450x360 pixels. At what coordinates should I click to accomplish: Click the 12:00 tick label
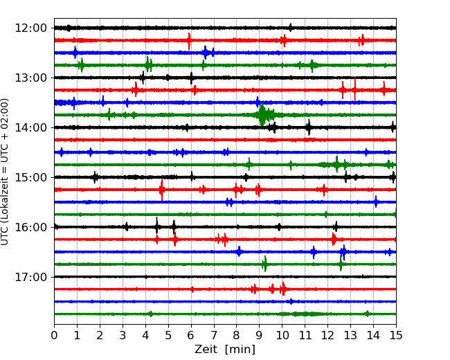pyautogui.click(x=30, y=28)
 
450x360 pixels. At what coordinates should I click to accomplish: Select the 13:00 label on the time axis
pyautogui.click(x=30, y=78)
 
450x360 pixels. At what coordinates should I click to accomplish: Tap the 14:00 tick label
pyautogui.click(x=30, y=127)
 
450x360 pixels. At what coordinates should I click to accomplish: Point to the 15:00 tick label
pyautogui.click(x=30, y=177)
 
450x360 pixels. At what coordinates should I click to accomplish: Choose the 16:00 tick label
pyautogui.click(x=30, y=227)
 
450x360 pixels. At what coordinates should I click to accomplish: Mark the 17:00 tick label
pyautogui.click(x=30, y=277)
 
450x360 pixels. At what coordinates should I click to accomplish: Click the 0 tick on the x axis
pyautogui.click(x=54, y=335)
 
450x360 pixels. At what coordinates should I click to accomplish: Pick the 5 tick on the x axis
pyautogui.click(x=168, y=335)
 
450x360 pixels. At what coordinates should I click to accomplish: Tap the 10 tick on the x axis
pyautogui.click(x=282, y=335)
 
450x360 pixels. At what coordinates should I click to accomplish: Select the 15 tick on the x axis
pyautogui.click(x=396, y=335)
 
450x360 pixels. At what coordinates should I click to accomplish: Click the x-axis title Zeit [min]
pyautogui.click(x=225, y=350)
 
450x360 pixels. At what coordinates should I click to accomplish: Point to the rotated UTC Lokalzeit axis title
pyautogui.click(x=5, y=172)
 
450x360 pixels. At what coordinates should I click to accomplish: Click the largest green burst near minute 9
pyautogui.click(x=262, y=115)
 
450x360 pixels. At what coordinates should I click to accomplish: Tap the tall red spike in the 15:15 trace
pyautogui.click(x=162, y=190)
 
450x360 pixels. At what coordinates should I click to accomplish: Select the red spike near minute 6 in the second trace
pyautogui.click(x=189, y=41)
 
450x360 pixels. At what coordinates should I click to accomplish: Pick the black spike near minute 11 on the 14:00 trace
pyautogui.click(x=309, y=127)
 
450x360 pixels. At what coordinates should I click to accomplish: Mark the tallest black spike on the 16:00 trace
pyautogui.click(x=156, y=226)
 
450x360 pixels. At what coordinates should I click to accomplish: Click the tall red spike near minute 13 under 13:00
pyautogui.click(x=355, y=89)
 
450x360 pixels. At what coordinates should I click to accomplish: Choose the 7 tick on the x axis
pyautogui.click(x=214, y=335)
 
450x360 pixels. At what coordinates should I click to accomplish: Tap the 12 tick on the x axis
pyautogui.click(x=327, y=335)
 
